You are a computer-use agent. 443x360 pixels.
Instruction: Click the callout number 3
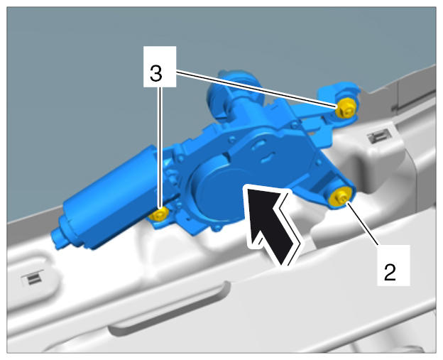[156, 73]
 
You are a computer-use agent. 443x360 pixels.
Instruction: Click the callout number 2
[390, 273]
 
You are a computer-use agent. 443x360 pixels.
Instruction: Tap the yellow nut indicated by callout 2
[339, 197]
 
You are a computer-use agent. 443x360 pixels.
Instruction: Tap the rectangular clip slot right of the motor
[378, 136]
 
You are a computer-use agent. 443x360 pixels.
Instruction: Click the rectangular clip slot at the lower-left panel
[33, 278]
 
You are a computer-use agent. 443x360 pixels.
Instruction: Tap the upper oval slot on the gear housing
[258, 145]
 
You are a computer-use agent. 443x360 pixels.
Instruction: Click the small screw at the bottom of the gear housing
[217, 229]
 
